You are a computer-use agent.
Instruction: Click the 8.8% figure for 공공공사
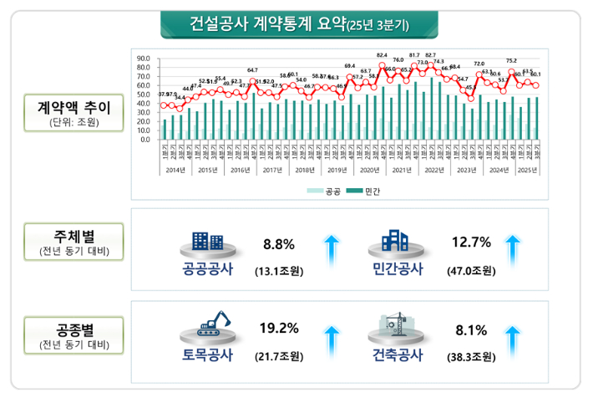point(279,245)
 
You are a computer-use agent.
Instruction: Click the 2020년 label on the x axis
point(370,171)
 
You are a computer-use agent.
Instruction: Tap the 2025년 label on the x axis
point(527,171)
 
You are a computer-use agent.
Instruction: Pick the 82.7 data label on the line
point(430,55)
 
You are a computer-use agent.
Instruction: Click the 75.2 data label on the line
point(510,60)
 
